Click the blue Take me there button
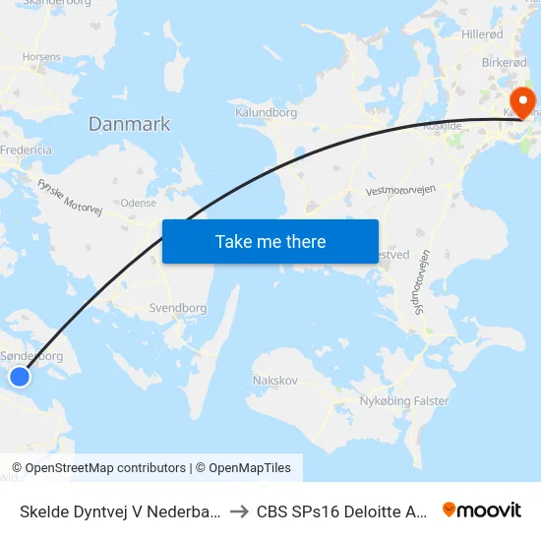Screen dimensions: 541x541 coord(270,241)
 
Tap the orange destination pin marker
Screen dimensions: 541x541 coord(521,100)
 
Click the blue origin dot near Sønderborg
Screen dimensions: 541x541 coord(20,376)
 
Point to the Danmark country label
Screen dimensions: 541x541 coord(129,124)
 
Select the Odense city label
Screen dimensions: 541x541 coord(138,203)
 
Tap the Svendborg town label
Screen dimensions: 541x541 coord(178,308)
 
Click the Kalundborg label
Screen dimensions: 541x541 coord(266,113)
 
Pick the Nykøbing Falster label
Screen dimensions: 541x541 coord(403,401)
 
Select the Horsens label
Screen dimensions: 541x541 coord(40,57)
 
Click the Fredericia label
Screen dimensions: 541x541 coord(28,150)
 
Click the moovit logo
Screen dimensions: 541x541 coord(481,510)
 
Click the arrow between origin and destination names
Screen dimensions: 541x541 coord(238,511)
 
